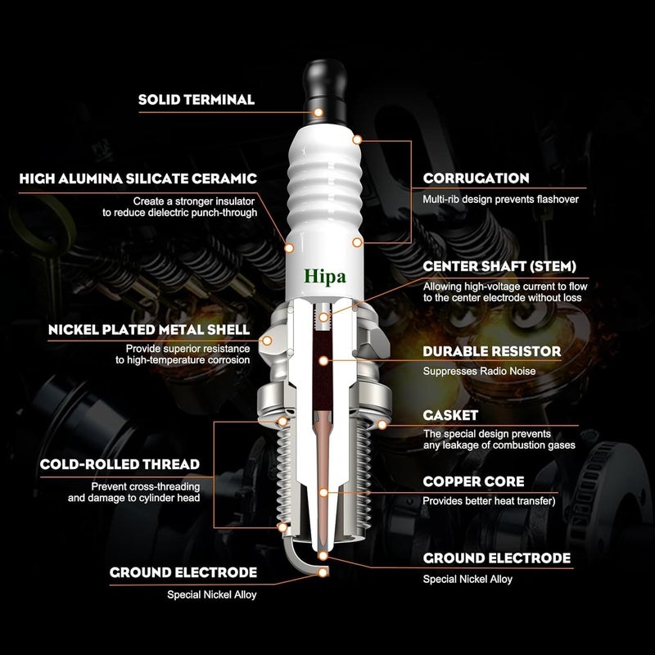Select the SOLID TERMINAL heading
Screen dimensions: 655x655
point(196,100)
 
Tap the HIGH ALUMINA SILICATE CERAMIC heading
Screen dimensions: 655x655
point(138,178)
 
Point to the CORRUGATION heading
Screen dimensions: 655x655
point(476,178)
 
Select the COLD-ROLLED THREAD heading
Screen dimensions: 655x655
point(120,465)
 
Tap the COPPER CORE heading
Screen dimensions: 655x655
point(473,482)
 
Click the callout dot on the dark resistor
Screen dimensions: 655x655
point(327,359)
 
